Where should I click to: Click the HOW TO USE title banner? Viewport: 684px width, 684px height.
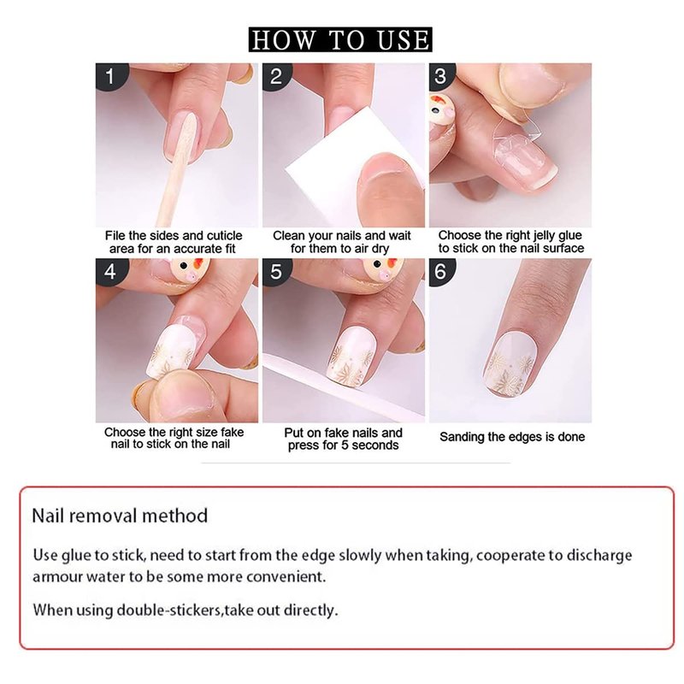340,39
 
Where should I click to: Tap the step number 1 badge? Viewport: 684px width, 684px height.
111,76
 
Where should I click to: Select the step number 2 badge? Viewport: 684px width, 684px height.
276,76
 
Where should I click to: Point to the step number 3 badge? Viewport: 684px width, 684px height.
441,75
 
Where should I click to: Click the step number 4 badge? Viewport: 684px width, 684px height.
111,271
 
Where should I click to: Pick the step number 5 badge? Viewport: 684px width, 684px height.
276,271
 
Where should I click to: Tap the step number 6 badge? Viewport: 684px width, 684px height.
441,271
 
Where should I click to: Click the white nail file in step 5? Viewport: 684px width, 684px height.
340,384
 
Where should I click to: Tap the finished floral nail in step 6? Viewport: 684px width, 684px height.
512,364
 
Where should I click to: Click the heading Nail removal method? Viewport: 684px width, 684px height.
120,516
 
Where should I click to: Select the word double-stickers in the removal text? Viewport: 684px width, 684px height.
168,610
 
